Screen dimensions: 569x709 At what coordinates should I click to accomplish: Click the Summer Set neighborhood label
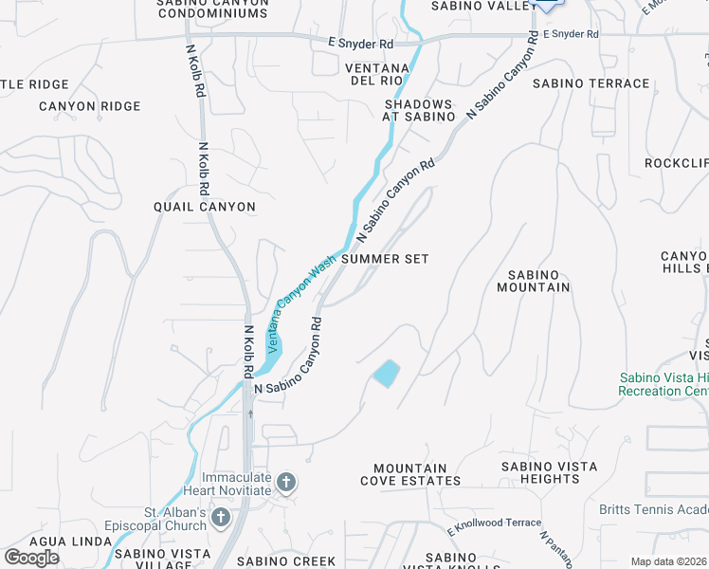coord(385,259)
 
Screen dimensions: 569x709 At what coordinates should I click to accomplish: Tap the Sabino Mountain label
coord(534,281)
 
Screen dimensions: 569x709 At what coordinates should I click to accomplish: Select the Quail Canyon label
coord(205,207)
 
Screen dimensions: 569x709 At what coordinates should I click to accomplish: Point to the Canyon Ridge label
coord(90,106)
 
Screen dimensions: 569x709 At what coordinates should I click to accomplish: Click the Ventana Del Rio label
coord(376,75)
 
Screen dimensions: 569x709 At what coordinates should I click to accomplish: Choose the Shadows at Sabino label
coord(420,110)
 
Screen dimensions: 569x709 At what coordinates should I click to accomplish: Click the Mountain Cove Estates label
coord(410,474)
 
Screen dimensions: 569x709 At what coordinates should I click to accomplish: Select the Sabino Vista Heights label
coord(549,472)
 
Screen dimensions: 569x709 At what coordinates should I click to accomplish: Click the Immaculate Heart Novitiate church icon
coord(285,485)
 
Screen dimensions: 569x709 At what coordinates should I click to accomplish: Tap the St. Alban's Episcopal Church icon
coord(221,518)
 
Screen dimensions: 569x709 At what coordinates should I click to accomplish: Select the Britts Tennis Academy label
coord(653,509)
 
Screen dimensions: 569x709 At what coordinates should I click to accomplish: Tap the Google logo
coord(32,557)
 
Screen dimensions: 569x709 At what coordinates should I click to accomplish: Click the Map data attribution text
coord(669,561)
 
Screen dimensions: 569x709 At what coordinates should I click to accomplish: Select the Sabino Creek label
coord(286,561)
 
